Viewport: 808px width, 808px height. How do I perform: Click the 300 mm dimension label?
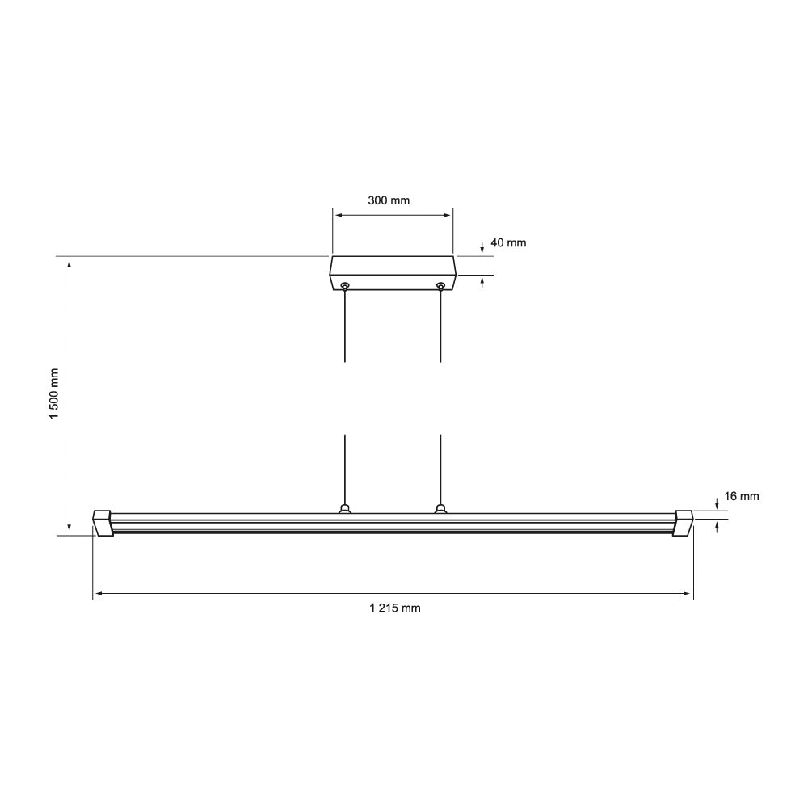point(389,200)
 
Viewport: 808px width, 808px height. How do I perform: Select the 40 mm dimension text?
point(508,242)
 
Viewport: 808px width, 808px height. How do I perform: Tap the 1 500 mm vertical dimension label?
point(54,394)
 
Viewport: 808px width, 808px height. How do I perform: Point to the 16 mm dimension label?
point(741,497)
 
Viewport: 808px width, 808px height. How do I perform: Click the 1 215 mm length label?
point(395,608)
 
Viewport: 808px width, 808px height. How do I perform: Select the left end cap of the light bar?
point(102,522)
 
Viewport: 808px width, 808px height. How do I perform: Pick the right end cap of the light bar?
point(684,522)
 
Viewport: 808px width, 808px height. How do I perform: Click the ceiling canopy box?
point(393,273)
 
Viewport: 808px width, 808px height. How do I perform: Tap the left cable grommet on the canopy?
point(345,285)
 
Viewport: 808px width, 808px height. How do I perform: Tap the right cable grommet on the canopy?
point(440,285)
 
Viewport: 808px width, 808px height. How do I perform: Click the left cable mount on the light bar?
point(345,508)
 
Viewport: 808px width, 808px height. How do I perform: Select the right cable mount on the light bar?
point(440,508)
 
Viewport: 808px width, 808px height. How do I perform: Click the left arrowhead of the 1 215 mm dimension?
point(98,594)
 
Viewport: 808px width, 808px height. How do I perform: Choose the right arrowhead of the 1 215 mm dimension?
point(688,594)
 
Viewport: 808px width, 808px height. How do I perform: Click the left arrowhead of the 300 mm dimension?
point(337,216)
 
